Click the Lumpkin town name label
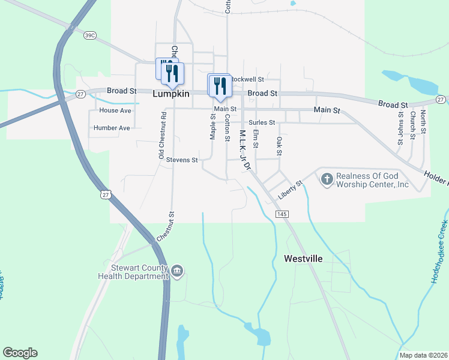pos(171,94)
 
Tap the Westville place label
pos(303,259)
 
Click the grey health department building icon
pos(177,272)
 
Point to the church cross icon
pos(327,178)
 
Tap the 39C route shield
pos(90,36)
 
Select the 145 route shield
pos(282,214)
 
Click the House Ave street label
pos(115,111)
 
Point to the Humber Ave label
pos(112,128)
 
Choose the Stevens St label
pos(182,160)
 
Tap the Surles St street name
pos(262,122)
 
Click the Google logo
pos(20,353)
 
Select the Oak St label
pos(279,146)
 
